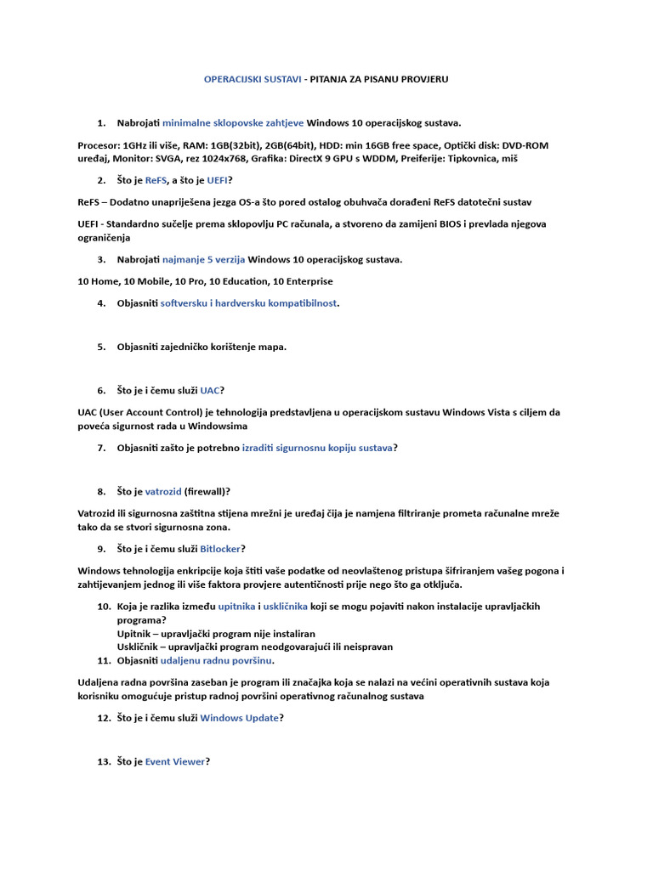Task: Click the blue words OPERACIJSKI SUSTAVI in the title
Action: pyautogui.click(x=253, y=79)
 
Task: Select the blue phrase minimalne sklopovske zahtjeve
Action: pyautogui.click(x=232, y=123)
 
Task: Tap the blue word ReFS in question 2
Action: pyautogui.click(x=156, y=180)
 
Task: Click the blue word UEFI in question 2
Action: pyautogui.click(x=217, y=180)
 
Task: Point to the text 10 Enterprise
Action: pyautogui.click(x=303, y=281)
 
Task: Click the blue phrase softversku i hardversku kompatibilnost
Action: pyautogui.click(x=249, y=303)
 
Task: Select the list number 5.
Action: pyautogui.click(x=101, y=347)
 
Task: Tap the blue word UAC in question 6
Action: pyautogui.click(x=209, y=391)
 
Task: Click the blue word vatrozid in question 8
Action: pyautogui.click(x=163, y=491)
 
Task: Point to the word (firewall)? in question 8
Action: pyautogui.click(x=207, y=491)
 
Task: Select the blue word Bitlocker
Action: pyautogui.click(x=220, y=549)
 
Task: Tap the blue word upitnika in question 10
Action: pyautogui.click(x=236, y=607)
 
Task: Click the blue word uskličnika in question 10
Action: pyautogui.click(x=287, y=607)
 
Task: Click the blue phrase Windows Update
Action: pyautogui.click(x=239, y=718)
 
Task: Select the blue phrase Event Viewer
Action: pyautogui.click(x=175, y=762)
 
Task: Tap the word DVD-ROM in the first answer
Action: pyautogui.click(x=525, y=145)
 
